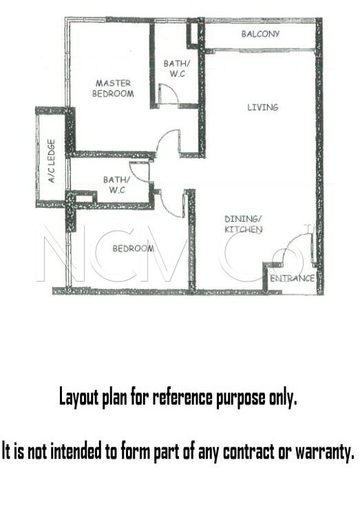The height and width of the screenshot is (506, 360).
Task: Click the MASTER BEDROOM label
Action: coord(114,88)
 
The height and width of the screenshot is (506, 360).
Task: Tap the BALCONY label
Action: coord(260,34)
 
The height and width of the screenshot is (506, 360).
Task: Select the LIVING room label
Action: coord(263,107)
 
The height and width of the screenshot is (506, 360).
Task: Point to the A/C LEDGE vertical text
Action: coord(52,162)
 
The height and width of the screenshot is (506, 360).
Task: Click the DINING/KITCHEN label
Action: coord(243,224)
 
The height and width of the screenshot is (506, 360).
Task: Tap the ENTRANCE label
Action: coord(292,278)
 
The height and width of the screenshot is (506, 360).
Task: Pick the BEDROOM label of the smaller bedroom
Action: coord(133,248)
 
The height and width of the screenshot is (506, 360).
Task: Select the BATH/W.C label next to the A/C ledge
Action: coord(114,185)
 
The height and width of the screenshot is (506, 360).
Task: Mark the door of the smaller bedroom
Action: coord(171,204)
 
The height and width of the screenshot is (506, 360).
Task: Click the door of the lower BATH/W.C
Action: coord(139,173)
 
